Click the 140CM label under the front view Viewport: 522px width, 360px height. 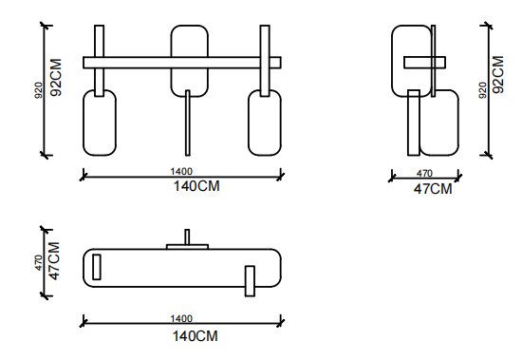pyautogui.click(x=196, y=186)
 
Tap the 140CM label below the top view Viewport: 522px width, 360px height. pyautogui.click(x=196, y=335)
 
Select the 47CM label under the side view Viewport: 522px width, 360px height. pyautogui.click(x=433, y=189)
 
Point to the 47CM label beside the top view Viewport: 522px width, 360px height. pyautogui.click(x=54, y=260)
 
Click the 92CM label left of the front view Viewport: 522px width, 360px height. pyautogui.click(x=56, y=77)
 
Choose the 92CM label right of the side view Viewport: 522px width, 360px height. pyautogui.click(x=498, y=75)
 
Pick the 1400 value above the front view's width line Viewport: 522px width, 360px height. pyautogui.click(x=181, y=171)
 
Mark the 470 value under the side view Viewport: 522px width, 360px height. pyautogui.click(x=424, y=173)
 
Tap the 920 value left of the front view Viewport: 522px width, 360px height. pyautogui.click(x=39, y=90)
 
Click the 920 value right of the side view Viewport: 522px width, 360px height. pyautogui.click(x=483, y=90)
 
